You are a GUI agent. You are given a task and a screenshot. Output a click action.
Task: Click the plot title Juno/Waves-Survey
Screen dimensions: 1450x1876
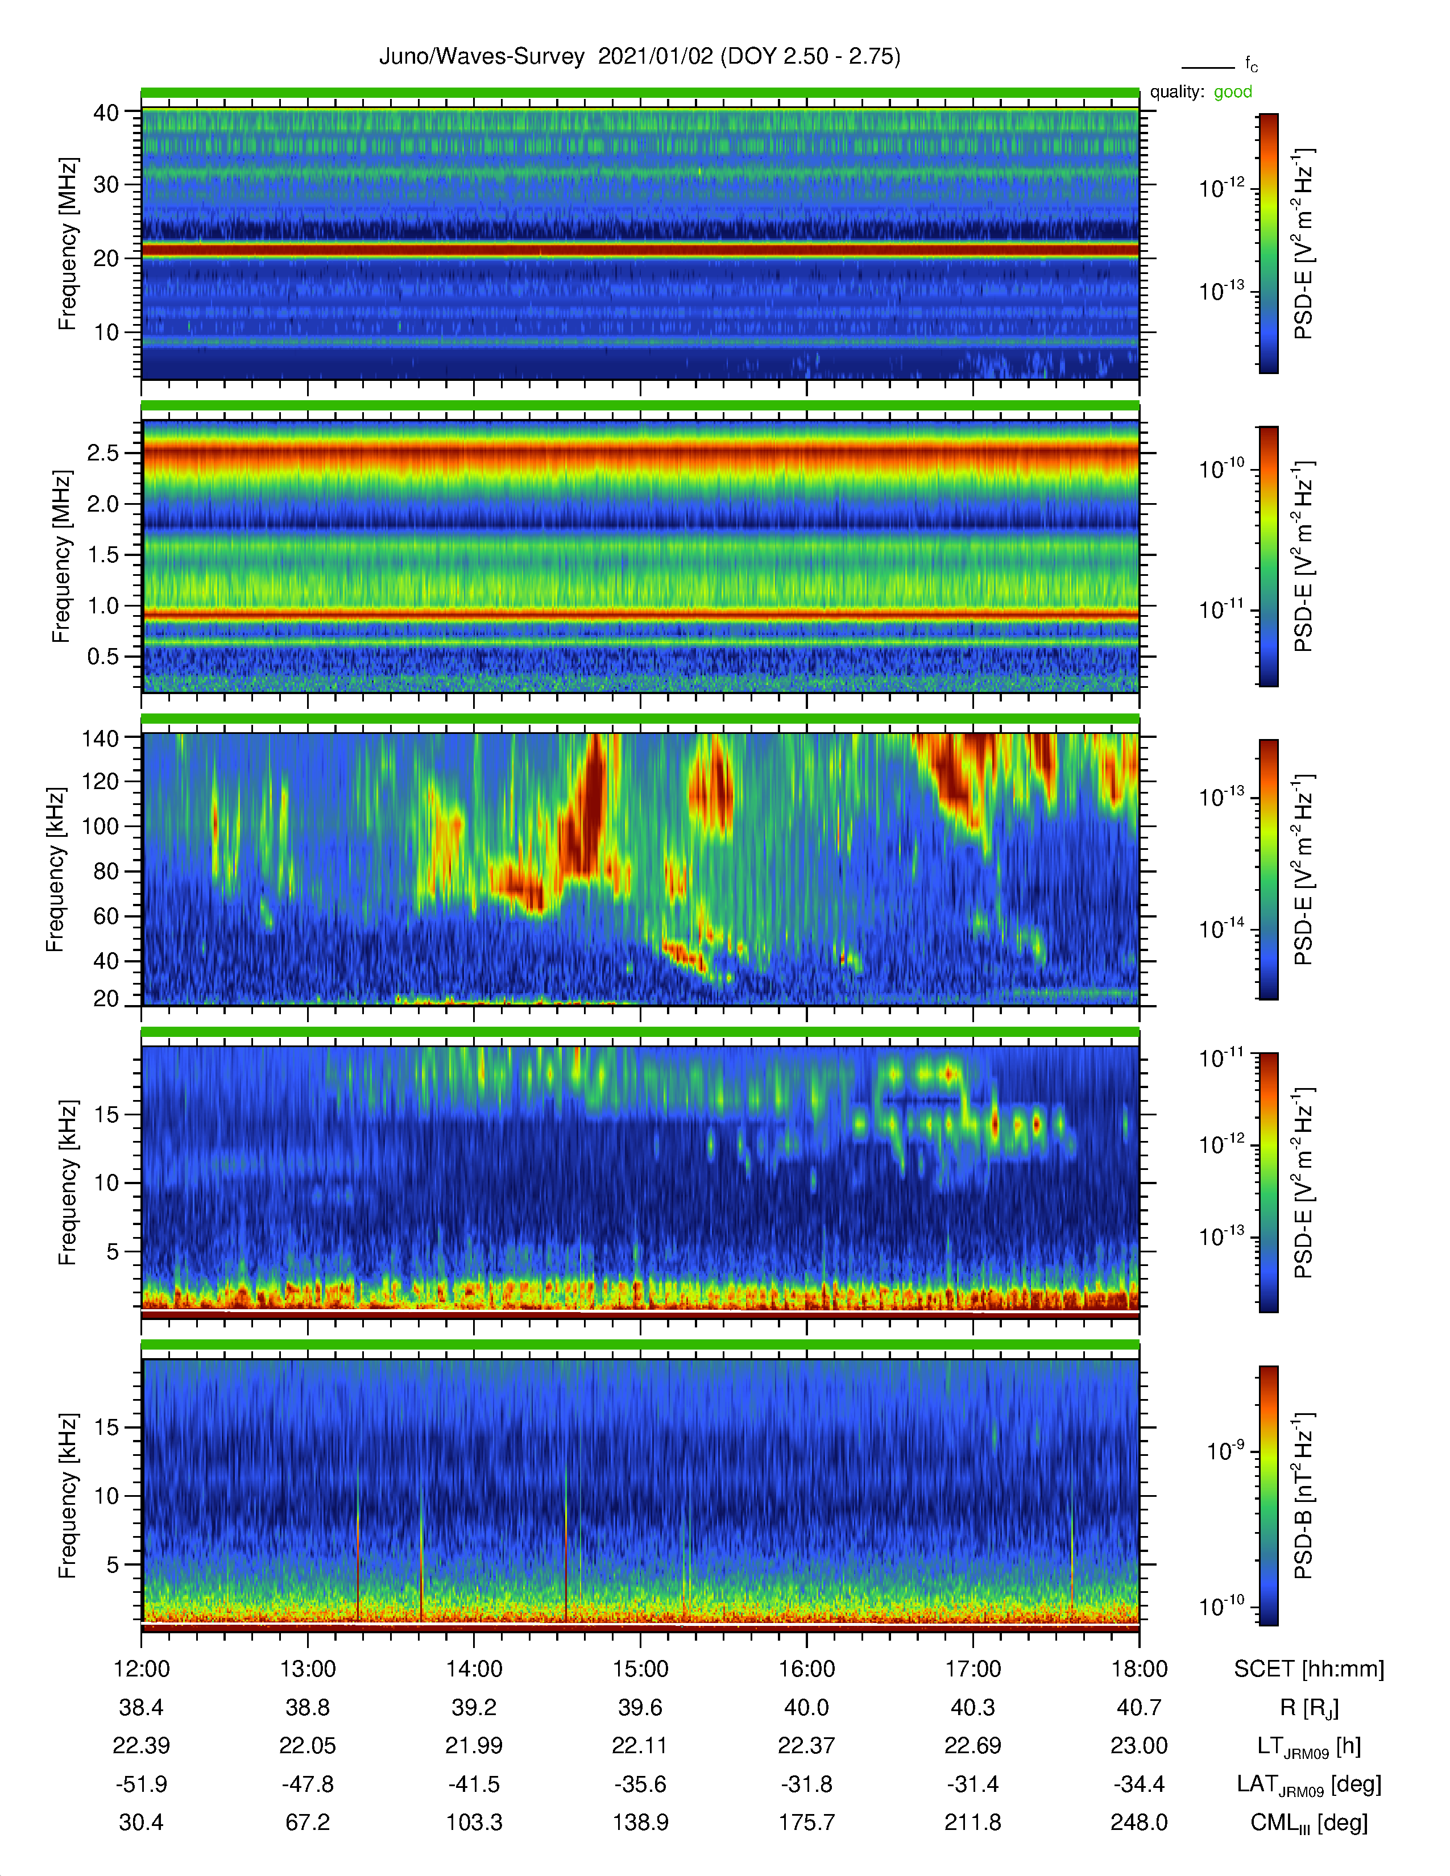point(482,57)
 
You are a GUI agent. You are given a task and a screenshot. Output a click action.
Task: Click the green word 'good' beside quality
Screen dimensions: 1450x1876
point(1233,92)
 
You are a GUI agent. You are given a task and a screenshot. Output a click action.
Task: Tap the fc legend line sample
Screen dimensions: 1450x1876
point(1208,67)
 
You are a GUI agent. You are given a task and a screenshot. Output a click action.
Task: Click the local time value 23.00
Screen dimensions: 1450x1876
point(1139,1745)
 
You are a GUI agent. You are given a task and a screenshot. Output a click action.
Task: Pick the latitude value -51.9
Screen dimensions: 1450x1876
point(141,1784)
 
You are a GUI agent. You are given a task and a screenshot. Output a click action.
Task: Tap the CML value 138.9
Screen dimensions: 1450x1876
point(640,1822)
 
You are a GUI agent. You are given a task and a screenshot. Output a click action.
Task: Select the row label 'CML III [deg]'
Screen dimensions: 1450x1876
point(1309,1823)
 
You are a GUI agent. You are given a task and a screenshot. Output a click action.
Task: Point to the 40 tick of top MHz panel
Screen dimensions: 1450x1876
point(106,113)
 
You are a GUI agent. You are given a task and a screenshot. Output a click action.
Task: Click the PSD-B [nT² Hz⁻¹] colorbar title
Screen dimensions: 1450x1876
point(1303,1496)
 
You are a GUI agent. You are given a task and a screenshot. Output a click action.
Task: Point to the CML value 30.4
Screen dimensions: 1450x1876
point(141,1822)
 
